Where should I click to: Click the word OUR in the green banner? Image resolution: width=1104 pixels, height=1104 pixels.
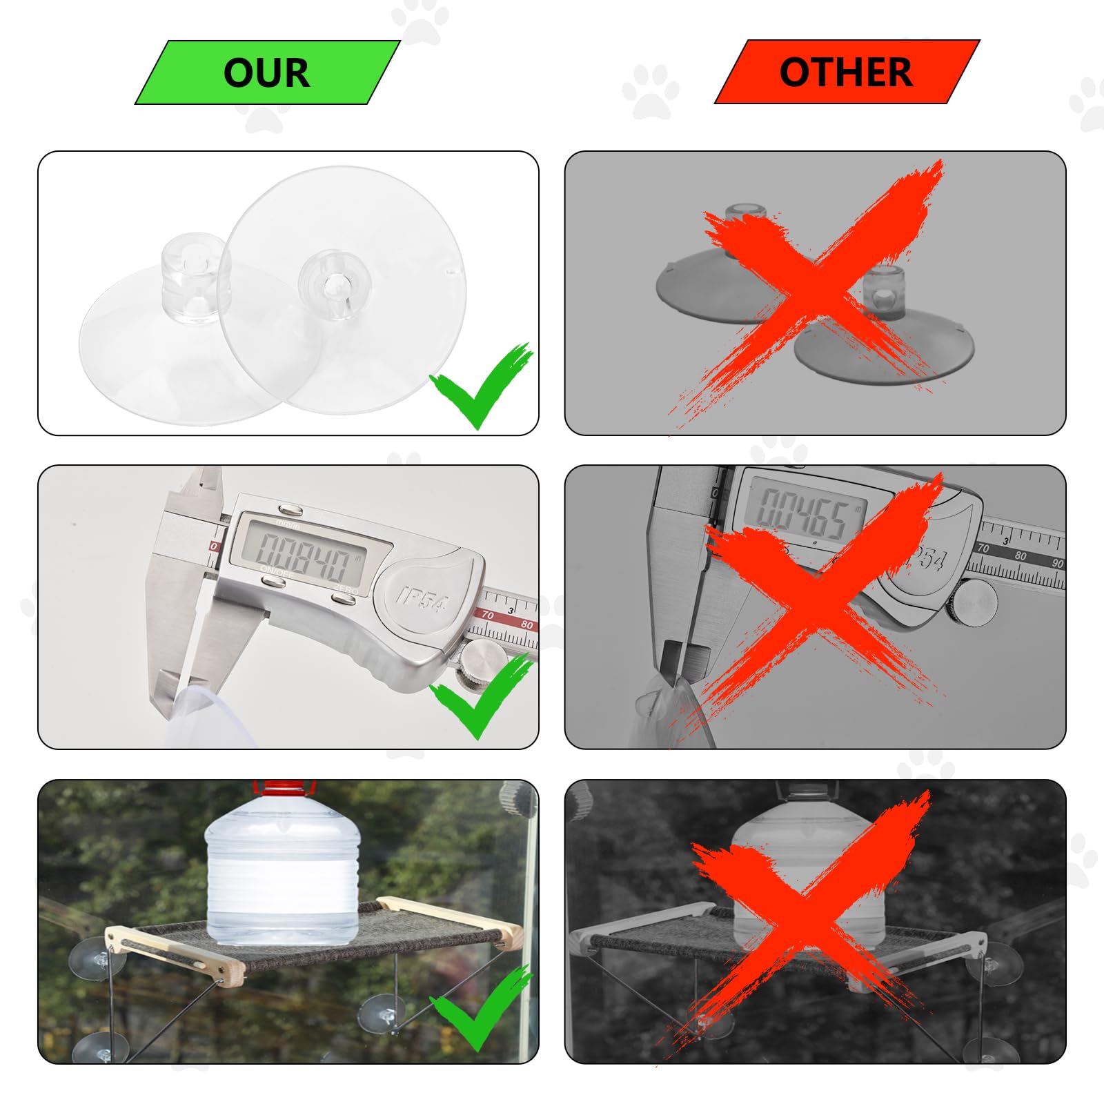266,72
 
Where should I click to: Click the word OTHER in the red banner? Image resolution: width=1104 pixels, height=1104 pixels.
845,72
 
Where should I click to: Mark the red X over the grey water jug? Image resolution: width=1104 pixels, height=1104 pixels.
807,918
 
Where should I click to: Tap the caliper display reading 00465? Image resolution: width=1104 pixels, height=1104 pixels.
804,511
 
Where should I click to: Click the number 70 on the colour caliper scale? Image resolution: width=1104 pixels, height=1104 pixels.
488,614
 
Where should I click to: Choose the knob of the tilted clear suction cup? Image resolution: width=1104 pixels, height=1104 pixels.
335,283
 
